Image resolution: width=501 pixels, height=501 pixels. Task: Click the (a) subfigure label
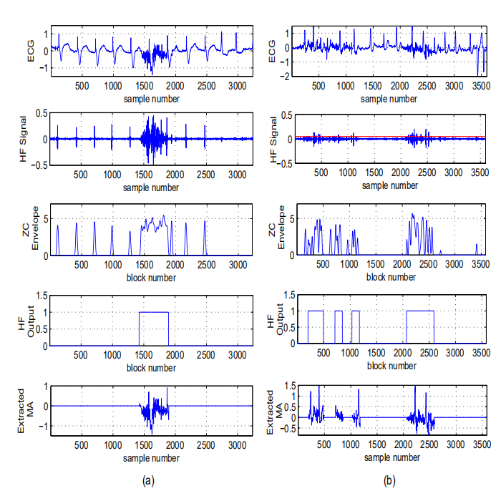pos(148,481)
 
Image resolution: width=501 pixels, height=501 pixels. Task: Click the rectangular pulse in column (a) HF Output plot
pos(154,312)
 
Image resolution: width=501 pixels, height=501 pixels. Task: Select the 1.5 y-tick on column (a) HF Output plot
pos(41,295)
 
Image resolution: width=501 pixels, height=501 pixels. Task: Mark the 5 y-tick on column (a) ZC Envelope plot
pos(44,218)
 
